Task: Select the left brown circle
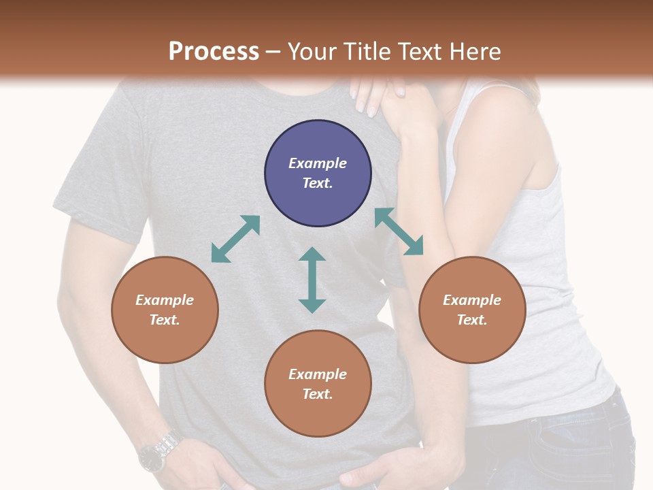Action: coord(165,310)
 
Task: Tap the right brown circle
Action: coord(471,310)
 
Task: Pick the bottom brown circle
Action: coord(318,383)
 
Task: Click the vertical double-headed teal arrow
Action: coord(312,280)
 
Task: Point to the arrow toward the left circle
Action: coord(235,239)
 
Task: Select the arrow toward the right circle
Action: coord(399,231)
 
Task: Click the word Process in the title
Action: coord(214,52)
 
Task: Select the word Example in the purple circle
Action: coord(318,163)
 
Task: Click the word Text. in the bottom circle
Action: coord(318,394)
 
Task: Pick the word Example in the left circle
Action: coord(165,300)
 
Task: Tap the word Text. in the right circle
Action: coord(471,320)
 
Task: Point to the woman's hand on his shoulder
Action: coord(378,95)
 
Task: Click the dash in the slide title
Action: coord(273,52)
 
